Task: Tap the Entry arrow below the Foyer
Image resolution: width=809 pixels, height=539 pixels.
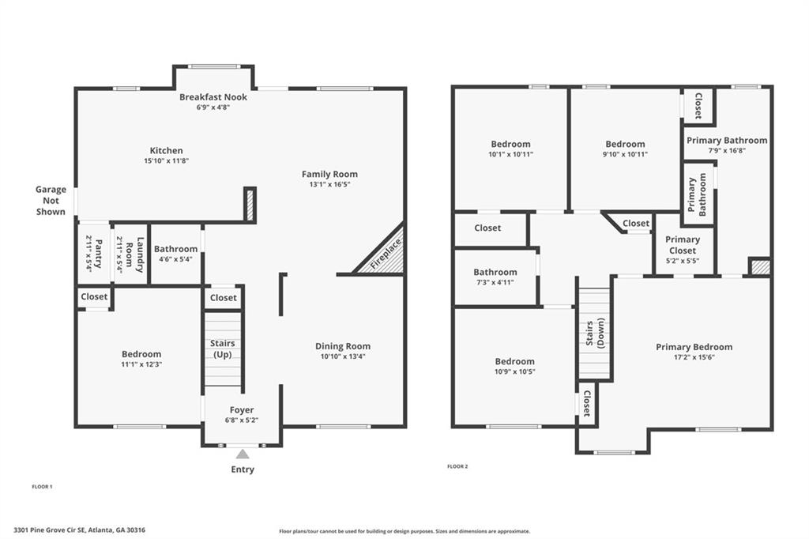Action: point(243,454)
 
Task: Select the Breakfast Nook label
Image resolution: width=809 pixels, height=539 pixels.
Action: point(213,97)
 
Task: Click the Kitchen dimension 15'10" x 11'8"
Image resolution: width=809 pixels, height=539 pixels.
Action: point(166,160)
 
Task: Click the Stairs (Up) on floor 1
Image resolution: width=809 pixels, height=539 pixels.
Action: point(222,349)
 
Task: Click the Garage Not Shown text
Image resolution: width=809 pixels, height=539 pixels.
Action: point(51,201)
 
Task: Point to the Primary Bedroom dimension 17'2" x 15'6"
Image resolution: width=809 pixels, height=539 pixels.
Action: point(694,357)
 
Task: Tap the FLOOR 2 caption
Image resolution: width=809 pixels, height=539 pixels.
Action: point(457,466)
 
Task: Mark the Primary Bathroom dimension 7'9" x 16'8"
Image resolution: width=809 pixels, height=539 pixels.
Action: point(726,150)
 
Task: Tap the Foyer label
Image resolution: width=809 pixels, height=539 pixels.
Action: point(242,410)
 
